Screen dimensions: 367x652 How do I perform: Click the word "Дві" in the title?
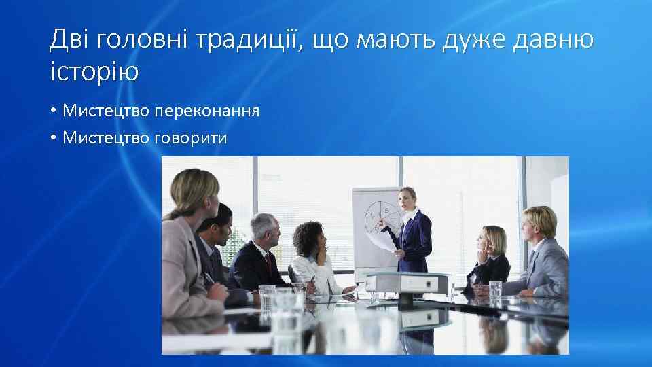[70, 41]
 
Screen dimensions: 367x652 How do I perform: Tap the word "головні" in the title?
[141, 41]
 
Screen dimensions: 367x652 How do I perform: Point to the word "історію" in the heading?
[94, 70]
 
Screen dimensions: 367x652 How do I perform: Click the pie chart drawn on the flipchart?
[381, 217]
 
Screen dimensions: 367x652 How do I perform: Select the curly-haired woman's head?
[309, 237]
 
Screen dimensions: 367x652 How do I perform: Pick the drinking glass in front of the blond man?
[496, 290]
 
